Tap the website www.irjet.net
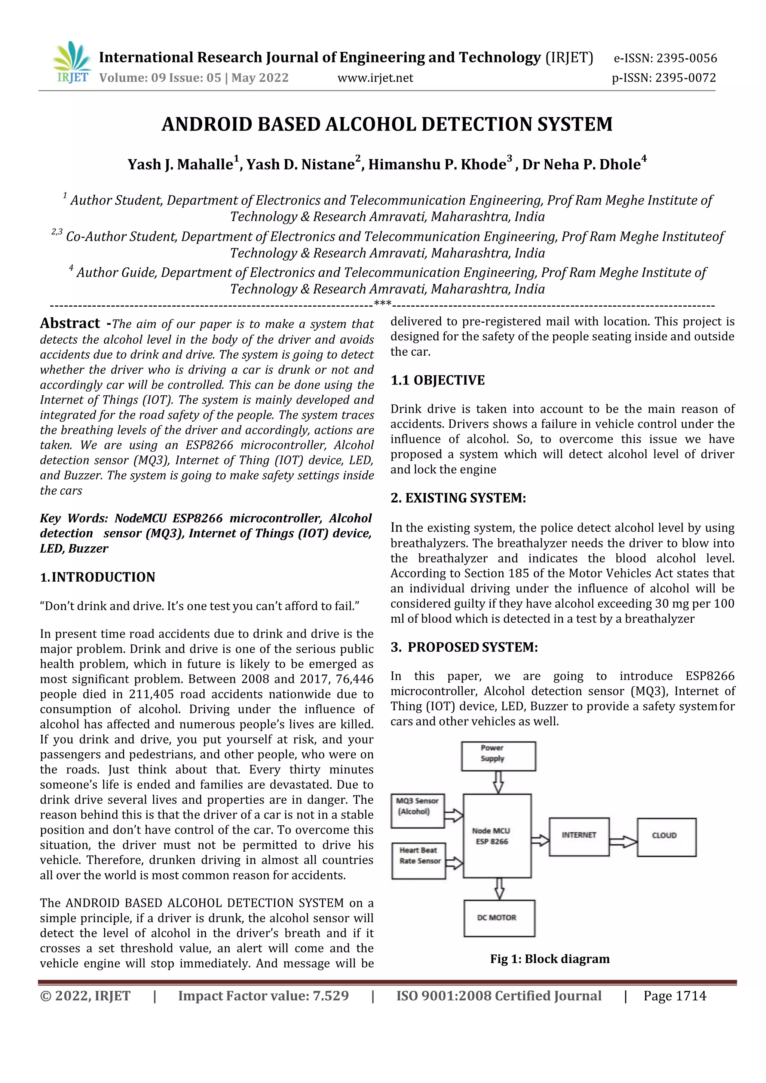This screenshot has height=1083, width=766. pos(375,78)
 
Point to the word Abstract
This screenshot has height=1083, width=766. pos(70,323)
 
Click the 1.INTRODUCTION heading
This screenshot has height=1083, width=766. pos(98,577)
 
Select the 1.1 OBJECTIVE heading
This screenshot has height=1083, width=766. pos(437,380)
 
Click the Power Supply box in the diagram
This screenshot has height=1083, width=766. pos(498,756)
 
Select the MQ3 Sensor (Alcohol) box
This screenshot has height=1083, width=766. pos(417,811)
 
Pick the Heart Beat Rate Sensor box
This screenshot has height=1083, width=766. pos(419,861)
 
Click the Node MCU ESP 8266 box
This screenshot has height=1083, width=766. pos(497,836)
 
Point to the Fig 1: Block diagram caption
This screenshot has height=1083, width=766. pos(549,959)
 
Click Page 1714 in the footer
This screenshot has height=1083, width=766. pos(674,996)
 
